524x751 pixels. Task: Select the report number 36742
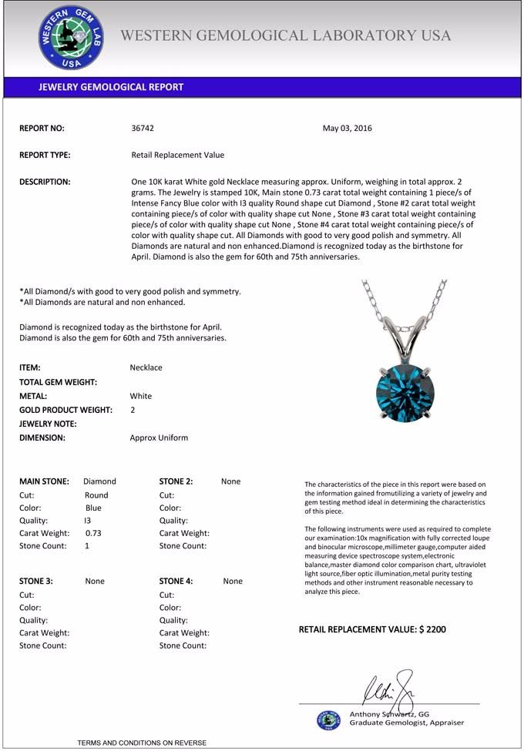(143, 129)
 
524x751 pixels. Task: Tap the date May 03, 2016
(347, 129)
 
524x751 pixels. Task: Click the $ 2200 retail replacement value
(432, 629)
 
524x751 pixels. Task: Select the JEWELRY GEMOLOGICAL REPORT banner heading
(111, 87)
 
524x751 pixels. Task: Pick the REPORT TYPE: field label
(45, 155)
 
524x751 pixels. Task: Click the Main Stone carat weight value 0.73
(93, 533)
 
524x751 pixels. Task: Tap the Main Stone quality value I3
(87, 521)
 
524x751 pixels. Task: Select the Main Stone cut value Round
(96, 495)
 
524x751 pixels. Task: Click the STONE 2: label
(176, 481)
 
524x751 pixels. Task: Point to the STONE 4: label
(176, 582)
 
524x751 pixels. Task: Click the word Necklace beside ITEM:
(146, 367)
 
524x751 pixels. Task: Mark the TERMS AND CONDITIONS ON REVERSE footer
(142, 743)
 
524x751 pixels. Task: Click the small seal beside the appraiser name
(328, 719)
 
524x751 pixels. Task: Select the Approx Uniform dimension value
(159, 438)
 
